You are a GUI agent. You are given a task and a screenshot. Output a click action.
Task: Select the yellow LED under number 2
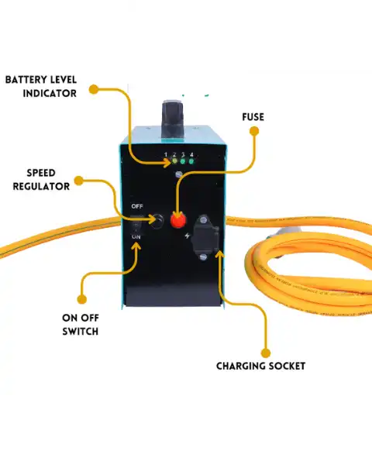tap(174, 164)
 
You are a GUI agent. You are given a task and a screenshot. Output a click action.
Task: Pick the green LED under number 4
tap(191, 164)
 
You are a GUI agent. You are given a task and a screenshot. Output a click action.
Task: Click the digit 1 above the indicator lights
tap(165, 155)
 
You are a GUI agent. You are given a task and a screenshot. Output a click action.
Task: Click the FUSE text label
tap(253, 117)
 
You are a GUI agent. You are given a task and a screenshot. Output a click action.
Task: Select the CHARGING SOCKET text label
tap(260, 366)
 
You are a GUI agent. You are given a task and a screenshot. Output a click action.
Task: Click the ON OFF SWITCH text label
tap(80, 324)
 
